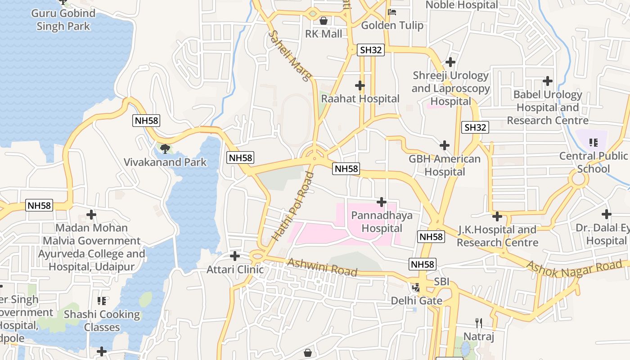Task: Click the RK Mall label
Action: tap(324, 34)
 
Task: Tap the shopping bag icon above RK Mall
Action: tap(323, 20)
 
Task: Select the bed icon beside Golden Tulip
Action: tap(392, 12)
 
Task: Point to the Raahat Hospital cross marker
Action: tap(360, 85)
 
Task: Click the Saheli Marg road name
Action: tap(290, 56)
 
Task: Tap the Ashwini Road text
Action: tap(322, 267)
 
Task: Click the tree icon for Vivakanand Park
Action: tap(165, 148)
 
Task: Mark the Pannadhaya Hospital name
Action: tap(382, 222)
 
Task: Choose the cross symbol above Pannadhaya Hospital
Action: tap(382, 202)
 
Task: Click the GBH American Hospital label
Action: tap(445, 165)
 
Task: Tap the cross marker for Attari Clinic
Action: tap(235, 256)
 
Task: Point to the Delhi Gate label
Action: tap(416, 301)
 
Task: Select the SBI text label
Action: tap(441, 283)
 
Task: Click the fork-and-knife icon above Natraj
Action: tap(479, 323)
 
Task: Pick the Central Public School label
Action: tap(593, 162)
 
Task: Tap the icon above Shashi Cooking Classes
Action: tap(102, 301)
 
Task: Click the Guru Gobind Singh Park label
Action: tap(63, 20)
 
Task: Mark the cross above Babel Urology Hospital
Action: tap(548, 81)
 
